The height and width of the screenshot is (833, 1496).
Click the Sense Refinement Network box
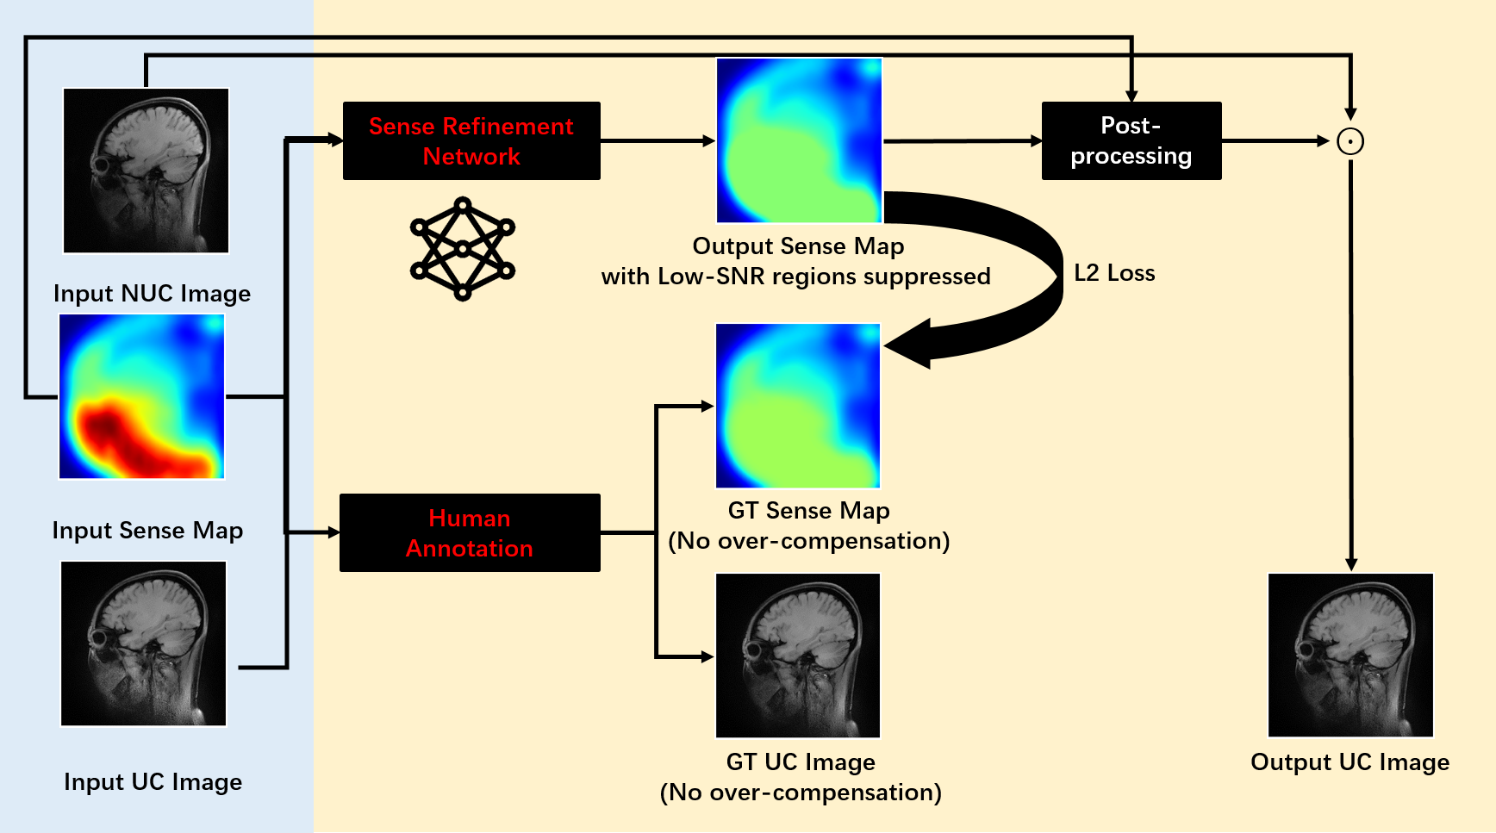point(471,141)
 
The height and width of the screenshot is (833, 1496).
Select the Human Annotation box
point(470,532)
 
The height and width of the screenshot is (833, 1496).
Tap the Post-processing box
point(1131,141)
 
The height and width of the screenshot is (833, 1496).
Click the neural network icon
point(463,249)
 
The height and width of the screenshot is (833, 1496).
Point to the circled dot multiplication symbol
point(1350,141)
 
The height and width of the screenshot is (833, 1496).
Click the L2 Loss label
point(1114,273)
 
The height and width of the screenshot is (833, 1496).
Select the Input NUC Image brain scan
point(146,171)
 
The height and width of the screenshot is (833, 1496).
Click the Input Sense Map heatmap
point(142,396)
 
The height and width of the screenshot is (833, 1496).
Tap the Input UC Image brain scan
point(144,643)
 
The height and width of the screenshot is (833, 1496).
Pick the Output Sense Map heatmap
point(800,140)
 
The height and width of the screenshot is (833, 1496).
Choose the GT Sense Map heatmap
point(798,406)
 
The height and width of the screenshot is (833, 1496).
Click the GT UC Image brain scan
point(798,656)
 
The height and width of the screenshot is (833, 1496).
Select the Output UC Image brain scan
point(1351,655)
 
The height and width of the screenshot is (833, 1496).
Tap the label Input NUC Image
point(153,294)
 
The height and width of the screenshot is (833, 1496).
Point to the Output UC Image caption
point(1350,762)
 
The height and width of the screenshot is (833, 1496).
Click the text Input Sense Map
point(147,531)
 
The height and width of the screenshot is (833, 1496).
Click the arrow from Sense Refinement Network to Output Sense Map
point(658,141)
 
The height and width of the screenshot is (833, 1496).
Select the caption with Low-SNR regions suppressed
point(796,277)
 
